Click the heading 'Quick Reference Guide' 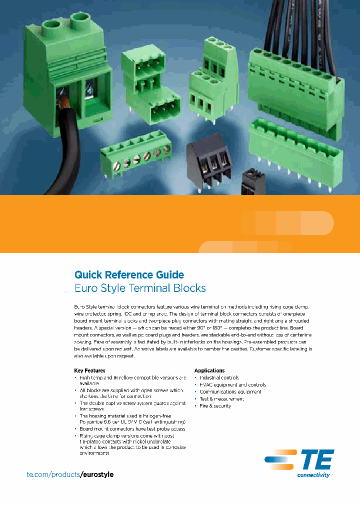tap(129, 274)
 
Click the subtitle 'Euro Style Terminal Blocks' tap(140, 288)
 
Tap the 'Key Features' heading tap(89, 370)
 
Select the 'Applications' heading tap(209, 370)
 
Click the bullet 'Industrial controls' tap(219, 377)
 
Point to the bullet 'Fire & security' tap(215, 406)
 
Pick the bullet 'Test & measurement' tap(221, 399)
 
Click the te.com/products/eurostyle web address tap(70, 474)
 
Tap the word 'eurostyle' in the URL tap(97, 474)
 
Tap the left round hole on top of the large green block tap(51, 24)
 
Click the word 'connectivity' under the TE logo tap(313, 475)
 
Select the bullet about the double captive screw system tap(132, 405)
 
